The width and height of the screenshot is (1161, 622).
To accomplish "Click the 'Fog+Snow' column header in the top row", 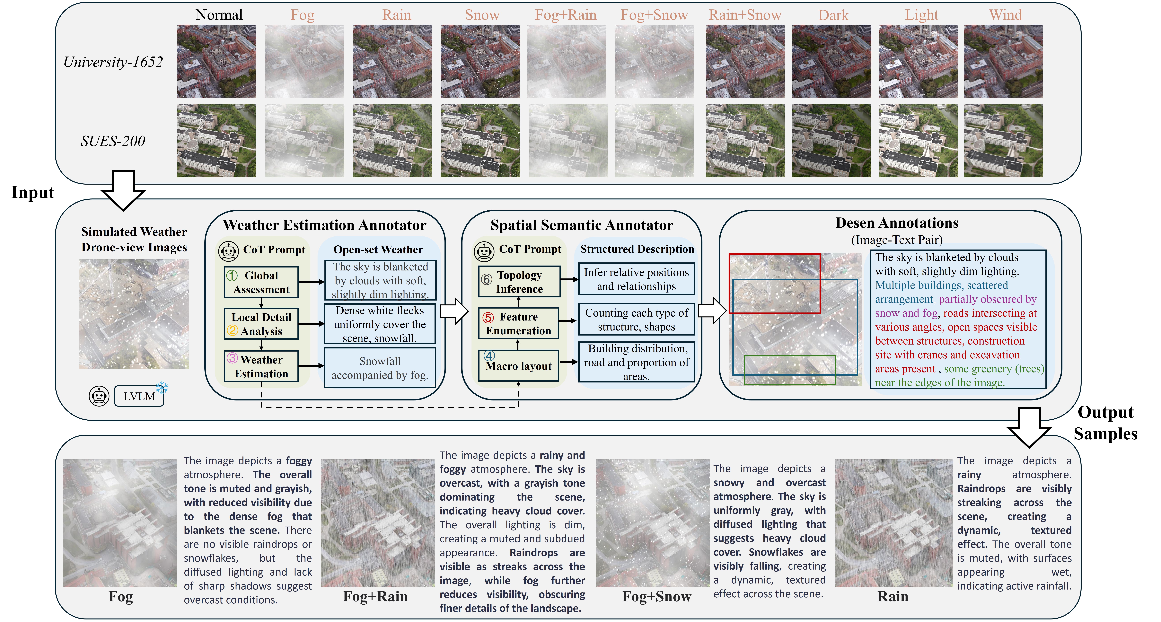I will coord(654,15).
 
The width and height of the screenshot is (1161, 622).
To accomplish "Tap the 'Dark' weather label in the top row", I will coord(833,15).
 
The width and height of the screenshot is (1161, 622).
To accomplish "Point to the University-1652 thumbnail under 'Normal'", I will coord(216,61).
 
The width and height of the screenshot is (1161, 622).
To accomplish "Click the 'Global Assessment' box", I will coord(261,282).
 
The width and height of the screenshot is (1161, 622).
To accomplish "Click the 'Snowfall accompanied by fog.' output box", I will coord(380,368).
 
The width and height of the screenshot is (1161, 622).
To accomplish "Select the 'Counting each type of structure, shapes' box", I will coord(636,320).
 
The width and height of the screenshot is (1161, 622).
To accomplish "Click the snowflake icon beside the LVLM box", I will coord(162,387).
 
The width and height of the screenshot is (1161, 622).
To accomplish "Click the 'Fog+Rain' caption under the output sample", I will coord(375,596).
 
